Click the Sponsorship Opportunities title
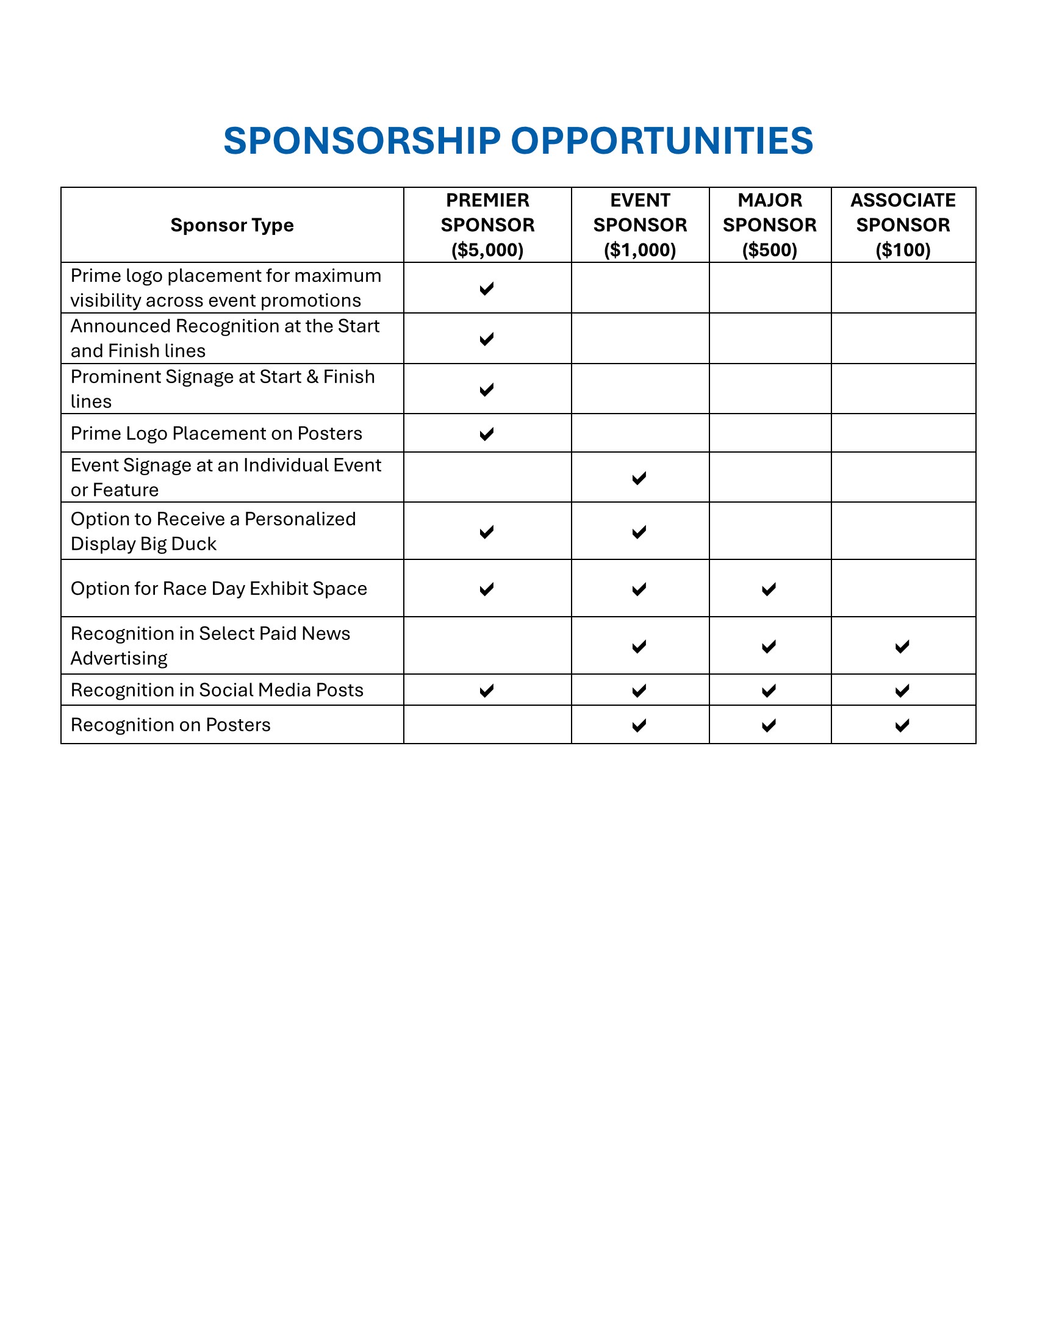click(x=518, y=141)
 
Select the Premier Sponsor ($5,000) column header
click(x=487, y=225)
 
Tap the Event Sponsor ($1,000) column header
click(x=639, y=225)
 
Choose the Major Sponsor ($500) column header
click(x=769, y=225)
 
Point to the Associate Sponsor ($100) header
click(x=902, y=225)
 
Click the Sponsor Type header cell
click(x=232, y=226)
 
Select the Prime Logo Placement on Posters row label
click(x=217, y=433)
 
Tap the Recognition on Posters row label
click(x=170, y=725)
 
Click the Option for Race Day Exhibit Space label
click(x=219, y=588)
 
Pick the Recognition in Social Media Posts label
click(x=217, y=689)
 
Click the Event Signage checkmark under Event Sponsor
click(x=639, y=478)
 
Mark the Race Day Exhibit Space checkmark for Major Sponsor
click(x=769, y=589)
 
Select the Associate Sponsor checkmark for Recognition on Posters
click(x=902, y=726)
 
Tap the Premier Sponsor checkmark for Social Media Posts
click(x=487, y=691)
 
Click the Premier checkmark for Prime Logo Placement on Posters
click(x=487, y=434)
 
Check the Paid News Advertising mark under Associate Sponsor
click(x=902, y=647)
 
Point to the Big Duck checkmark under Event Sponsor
click(x=639, y=532)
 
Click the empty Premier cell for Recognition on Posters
click(x=487, y=725)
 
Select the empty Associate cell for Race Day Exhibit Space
click(x=902, y=588)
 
